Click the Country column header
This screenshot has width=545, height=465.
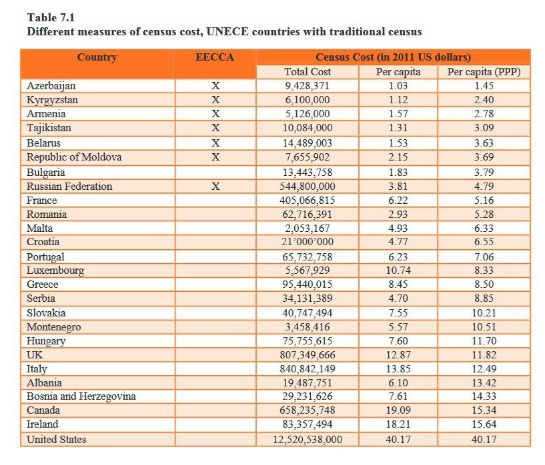pyautogui.click(x=97, y=57)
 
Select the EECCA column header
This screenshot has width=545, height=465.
pyautogui.click(x=215, y=57)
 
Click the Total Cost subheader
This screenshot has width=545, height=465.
pyautogui.click(x=308, y=72)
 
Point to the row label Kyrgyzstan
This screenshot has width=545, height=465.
pyautogui.click(x=52, y=100)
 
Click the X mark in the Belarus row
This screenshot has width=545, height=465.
pyautogui.click(x=215, y=143)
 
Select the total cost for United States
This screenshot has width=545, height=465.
pyautogui.click(x=308, y=440)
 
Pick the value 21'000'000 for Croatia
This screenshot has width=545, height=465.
pyautogui.click(x=308, y=242)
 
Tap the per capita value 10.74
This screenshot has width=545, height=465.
pyautogui.click(x=398, y=270)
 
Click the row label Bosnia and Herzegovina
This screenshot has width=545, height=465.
pyautogui.click(x=81, y=396)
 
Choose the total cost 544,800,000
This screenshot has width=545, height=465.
pyautogui.click(x=308, y=187)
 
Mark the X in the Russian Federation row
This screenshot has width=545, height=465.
pyautogui.click(x=215, y=187)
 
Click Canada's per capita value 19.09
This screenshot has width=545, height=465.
pyautogui.click(x=398, y=410)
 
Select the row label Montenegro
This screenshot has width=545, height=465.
pyautogui.click(x=53, y=327)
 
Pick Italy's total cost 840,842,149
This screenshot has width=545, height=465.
pyautogui.click(x=308, y=368)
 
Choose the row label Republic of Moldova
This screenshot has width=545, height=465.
pyautogui.click(x=74, y=157)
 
